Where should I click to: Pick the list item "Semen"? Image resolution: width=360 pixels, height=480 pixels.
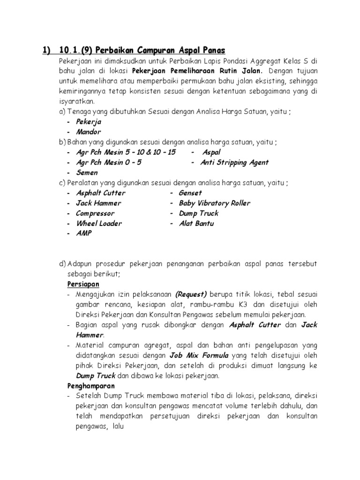(x=87, y=172)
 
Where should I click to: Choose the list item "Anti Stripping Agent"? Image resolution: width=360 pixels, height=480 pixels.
(x=234, y=163)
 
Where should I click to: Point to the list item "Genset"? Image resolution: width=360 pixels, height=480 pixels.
(x=190, y=193)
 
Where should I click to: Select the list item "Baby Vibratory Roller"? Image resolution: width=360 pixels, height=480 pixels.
(x=214, y=203)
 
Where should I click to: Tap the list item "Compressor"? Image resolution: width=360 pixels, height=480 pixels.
(x=95, y=213)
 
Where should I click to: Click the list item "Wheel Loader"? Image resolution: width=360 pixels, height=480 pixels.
(x=98, y=224)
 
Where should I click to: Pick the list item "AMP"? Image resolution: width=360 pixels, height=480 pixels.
(x=84, y=233)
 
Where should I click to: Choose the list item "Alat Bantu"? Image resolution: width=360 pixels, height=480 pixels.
(x=196, y=224)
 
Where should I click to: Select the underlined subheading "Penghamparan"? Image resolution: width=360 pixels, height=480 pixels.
(x=90, y=386)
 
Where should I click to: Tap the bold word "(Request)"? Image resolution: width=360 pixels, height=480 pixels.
(x=191, y=294)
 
